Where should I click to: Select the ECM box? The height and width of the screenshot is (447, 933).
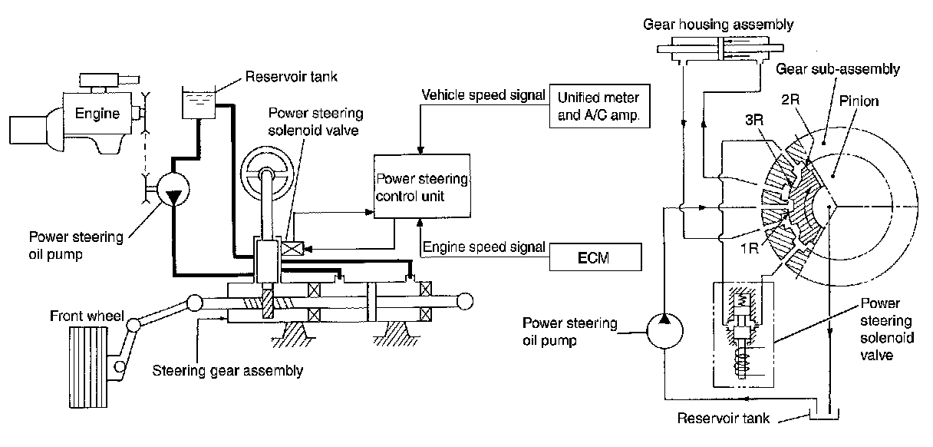[595, 257]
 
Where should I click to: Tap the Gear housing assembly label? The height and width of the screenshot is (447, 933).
[718, 25]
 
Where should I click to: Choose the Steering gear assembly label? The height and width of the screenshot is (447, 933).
[228, 370]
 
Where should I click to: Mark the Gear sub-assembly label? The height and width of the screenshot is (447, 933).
[837, 69]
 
